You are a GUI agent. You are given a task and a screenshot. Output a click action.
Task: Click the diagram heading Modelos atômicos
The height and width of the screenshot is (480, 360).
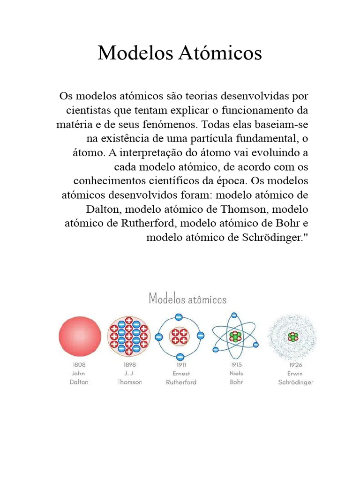(x=187, y=299)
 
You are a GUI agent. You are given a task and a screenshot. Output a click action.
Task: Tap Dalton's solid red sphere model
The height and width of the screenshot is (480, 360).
(x=80, y=337)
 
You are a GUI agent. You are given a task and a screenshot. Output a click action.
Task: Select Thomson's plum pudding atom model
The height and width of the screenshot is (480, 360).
(x=128, y=337)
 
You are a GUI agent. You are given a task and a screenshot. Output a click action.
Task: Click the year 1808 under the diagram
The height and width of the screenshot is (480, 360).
(x=78, y=364)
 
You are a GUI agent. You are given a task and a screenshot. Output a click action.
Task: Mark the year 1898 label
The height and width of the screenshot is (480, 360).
(x=130, y=364)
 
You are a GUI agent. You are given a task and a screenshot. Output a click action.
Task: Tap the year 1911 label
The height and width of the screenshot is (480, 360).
(x=181, y=364)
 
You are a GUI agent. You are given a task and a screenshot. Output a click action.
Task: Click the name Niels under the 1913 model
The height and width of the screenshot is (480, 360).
(x=237, y=373)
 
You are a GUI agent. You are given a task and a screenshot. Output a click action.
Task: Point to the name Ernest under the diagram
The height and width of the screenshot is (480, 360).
(x=181, y=373)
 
